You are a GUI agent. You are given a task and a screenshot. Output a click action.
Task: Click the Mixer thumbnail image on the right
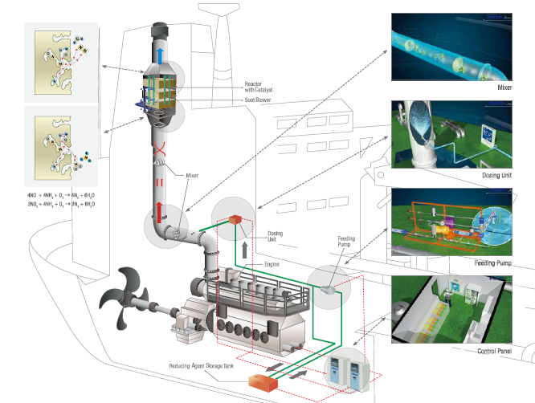pos(462,47)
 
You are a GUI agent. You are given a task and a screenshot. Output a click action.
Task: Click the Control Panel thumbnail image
pos(462,311)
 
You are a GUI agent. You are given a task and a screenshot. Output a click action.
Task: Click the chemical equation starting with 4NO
pos(65,195)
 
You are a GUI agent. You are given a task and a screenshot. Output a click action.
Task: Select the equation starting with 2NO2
pos(65,205)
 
